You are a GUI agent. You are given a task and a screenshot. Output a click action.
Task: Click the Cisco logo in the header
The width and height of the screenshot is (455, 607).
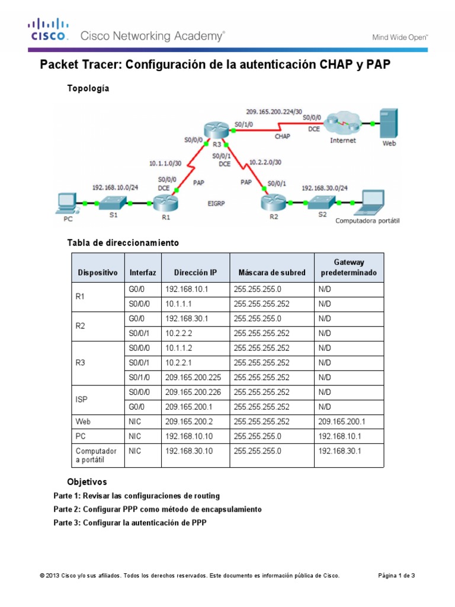tap(49, 30)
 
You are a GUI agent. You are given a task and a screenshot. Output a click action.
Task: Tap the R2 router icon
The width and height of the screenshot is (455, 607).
tap(273, 203)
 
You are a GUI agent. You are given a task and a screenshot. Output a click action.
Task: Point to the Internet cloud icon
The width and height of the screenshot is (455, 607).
tap(344, 124)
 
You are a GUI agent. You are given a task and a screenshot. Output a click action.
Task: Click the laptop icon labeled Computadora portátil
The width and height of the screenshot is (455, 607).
tap(367, 203)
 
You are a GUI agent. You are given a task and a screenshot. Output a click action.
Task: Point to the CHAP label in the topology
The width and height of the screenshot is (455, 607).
tap(282, 136)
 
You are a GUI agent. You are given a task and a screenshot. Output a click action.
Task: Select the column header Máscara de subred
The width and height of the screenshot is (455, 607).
tap(272, 273)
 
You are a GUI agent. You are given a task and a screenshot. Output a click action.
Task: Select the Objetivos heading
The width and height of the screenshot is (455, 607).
tap(87, 482)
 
